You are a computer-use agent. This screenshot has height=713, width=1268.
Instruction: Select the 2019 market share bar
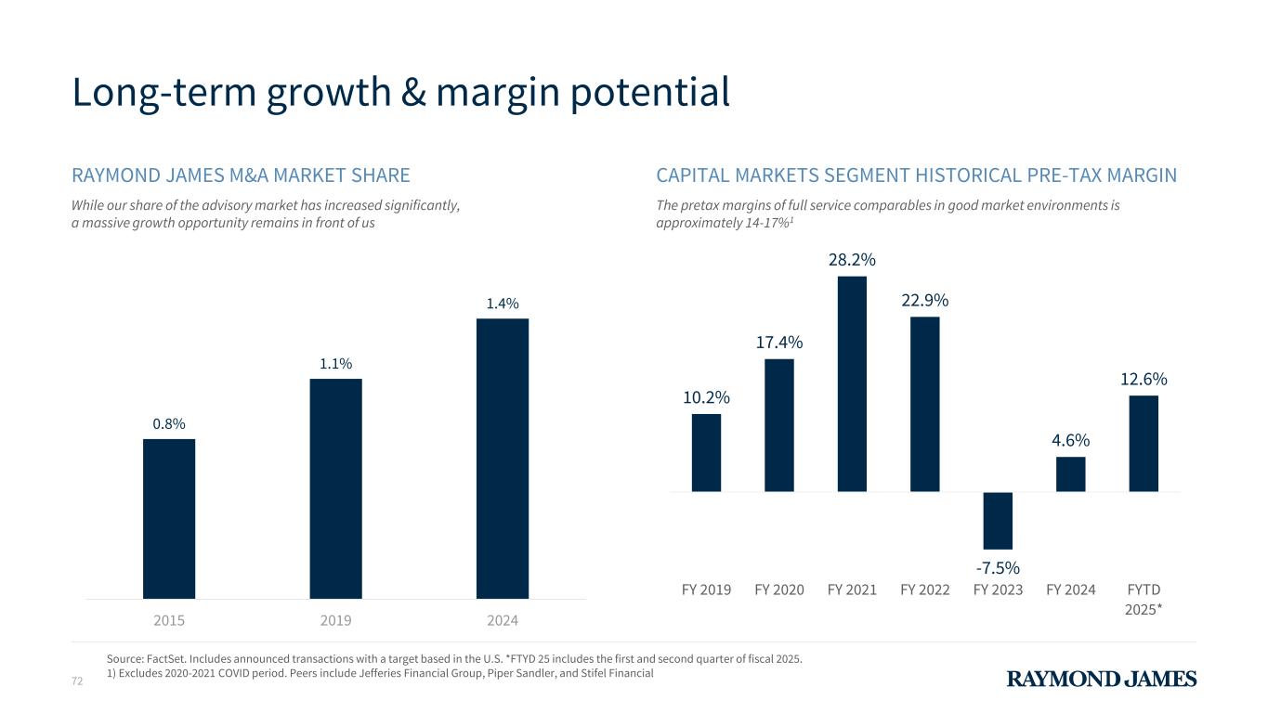(x=335, y=488)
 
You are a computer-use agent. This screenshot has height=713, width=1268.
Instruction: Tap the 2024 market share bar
(x=502, y=459)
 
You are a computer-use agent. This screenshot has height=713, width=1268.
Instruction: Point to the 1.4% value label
(x=502, y=304)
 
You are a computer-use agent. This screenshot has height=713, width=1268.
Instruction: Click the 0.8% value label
(x=169, y=423)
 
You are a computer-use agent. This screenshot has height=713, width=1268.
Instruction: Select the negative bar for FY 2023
(x=998, y=520)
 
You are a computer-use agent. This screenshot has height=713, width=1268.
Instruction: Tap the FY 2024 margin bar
(x=1070, y=473)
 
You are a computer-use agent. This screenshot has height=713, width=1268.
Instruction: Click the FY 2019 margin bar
(x=706, y=452)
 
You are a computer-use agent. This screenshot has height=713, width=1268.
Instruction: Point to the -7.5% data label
(x=998, y=567)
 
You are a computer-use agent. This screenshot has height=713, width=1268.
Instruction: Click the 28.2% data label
(x=852, y=259)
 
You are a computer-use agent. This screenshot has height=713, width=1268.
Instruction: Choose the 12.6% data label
(x=1144, y=379)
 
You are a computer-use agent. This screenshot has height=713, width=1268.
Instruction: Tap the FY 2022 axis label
(x=925, y=590)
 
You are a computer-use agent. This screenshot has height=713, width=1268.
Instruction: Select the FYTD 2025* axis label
(x=1144, y=599)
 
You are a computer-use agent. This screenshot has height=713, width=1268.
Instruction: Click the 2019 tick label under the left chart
(x=335, y=619)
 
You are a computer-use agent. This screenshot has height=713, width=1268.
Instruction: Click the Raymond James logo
(x=1102, y=679)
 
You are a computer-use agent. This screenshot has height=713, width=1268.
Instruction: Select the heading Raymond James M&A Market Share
(x=241, y=175)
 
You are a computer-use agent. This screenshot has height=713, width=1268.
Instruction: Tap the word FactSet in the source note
(x=178, y=658)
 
